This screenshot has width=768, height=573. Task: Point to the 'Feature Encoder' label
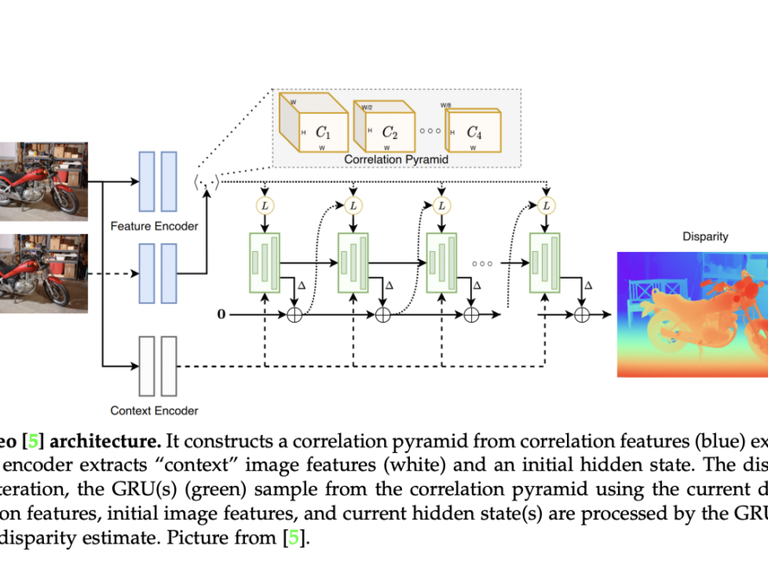154,226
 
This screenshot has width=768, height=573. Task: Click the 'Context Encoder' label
154,410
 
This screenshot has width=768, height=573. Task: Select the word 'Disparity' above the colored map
705,236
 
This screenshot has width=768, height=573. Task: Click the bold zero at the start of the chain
221,315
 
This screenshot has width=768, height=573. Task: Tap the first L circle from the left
264,205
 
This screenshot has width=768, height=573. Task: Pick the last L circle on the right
545,205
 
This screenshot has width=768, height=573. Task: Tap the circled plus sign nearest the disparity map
583,316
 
